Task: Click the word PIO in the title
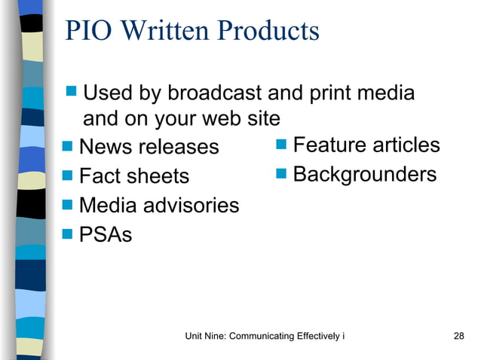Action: [85, 32]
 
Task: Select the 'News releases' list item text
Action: [149, 146]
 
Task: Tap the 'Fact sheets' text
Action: [133, 176]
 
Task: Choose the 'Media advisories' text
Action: [158, 205]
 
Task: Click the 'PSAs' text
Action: [105, 235]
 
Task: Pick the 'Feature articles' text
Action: [366, 145]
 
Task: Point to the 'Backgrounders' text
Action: [364, 175]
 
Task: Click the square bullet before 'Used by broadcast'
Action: [72, 93]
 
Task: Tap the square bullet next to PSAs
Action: [68, 234]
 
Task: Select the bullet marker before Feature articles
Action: [282, 144]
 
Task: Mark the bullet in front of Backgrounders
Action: [282, 174]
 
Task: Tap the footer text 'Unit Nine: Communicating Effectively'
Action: [264, 336]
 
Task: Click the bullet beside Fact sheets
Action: [68, 175]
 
